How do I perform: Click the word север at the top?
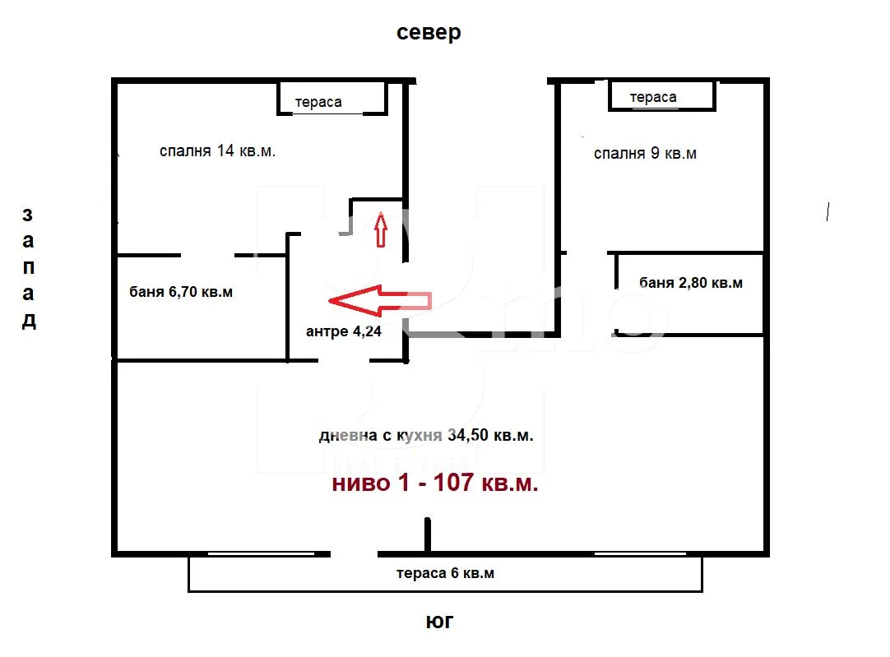(x=429, y=33)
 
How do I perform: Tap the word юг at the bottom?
(x=439, y=622)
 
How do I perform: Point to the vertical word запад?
(x=28, y=268)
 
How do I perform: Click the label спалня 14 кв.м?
(x=217, y=151)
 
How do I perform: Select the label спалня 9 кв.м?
(x=645, y=154)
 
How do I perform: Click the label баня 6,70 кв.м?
(x=181, y=292)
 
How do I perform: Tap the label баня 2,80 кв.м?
(x=690, y=283)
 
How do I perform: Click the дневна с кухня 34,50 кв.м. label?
(x=426, y=436)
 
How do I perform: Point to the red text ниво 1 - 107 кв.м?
(x=435, y=483)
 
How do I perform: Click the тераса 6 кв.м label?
(x=445, y=574)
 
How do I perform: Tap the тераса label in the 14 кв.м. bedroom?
(x=318, y=103)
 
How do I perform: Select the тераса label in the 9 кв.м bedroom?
(x=653, y=97)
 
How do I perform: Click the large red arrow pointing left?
(x=378, y=301)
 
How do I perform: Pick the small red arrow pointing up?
(x=381, y=229)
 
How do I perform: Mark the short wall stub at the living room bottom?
(x=428, y=534)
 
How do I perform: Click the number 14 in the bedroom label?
(x=225, y=151)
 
